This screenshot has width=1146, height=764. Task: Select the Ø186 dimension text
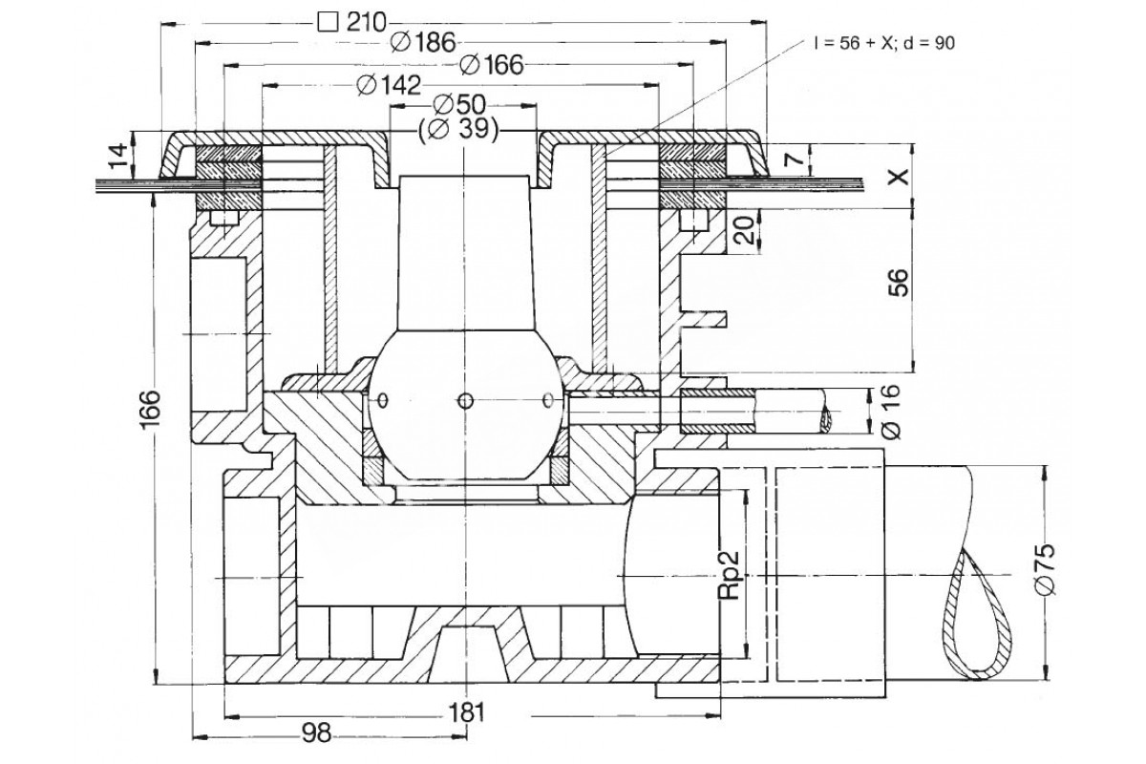422,42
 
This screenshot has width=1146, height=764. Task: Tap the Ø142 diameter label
389,85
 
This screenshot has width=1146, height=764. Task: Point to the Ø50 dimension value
459,105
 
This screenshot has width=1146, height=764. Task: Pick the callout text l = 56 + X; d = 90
884,44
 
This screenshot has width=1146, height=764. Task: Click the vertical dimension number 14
118,156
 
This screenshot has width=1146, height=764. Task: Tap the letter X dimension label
899,177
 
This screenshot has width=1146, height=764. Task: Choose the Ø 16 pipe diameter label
891,411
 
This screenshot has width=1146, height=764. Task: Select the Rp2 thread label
730,575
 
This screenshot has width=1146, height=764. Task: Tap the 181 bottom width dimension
466,712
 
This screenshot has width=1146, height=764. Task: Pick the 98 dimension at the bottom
317,733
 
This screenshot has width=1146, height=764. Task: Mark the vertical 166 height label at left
149,408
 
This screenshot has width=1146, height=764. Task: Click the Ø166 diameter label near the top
492,65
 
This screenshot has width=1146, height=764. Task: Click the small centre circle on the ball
464,401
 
